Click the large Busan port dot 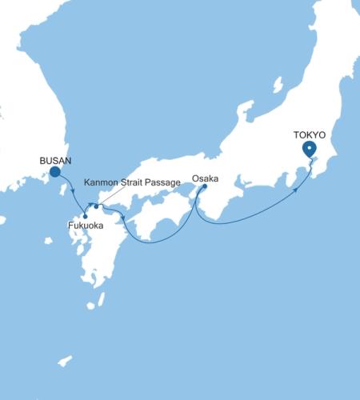pyautogui.click(x=55, y=171)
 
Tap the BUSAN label pyautogui.click(x=55, y=161)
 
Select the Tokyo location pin pyautogui.click(x=310, y=149)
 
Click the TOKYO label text pyautogui.click(x=309, y=134)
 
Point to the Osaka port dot pyautogui.click(x=205, y=186)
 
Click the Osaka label pyautogui.click(x=206, y=178)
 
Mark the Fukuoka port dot pyautogui.click(x=85, y=216)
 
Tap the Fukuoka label pyautogui.click(x=84, y=226)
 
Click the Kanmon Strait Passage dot pyautogui.click(x=96, y=206)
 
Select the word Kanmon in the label pyautogui.click(x=100, y=182)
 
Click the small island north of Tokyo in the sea pyautogui.click(x=278, y=84)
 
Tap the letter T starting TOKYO pyautogui.click(x=295, y=134)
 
